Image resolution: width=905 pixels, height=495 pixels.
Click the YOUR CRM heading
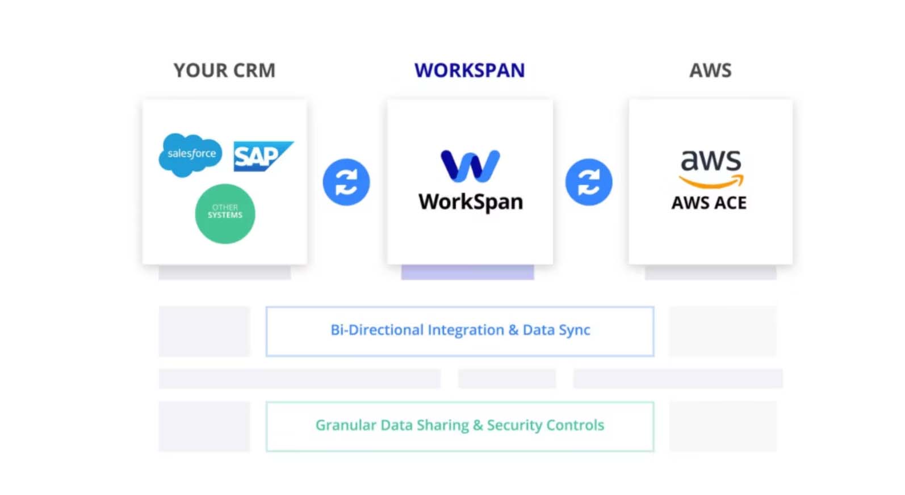point(224,70)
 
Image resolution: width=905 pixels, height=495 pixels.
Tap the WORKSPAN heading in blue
point(470,70)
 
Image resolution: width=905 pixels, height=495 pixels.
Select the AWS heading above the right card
point(710,70)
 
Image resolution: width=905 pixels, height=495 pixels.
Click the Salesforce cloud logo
point(191,154)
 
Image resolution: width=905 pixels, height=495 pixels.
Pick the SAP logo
point(262,156)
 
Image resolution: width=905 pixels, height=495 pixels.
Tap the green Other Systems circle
point(225,213)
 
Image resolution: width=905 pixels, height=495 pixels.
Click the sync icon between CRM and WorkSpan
point(346,182)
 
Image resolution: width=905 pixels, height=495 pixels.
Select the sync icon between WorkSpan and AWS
point(589,182)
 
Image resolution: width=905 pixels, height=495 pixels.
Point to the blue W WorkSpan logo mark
point(470,166)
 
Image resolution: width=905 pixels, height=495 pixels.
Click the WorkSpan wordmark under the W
point(471,202)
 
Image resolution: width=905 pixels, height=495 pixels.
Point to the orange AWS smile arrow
point(711,182)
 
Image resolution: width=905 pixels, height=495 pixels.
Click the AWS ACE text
point(709,203)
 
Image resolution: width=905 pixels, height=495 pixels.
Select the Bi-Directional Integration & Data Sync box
point(460,332)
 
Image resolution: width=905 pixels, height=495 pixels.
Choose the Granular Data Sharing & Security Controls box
point(460,426)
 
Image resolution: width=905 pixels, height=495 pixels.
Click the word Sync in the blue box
point(574,330)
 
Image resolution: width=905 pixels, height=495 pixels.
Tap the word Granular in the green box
point(345,425)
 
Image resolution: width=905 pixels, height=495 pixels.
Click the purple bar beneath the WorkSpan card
point(467,272)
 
